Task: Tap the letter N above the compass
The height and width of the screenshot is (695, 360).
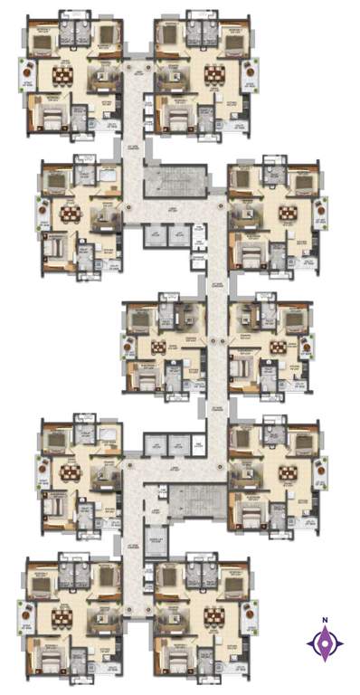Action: (324, 621)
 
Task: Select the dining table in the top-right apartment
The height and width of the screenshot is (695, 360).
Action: (214, 72)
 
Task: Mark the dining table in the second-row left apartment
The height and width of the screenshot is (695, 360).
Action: (70, 214)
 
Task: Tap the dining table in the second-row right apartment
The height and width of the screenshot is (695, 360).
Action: (289, 214)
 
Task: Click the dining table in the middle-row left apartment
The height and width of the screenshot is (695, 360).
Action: (159, 346)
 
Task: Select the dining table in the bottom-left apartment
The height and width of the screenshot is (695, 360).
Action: (62, 617)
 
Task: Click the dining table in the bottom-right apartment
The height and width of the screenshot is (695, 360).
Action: (214, 617)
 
